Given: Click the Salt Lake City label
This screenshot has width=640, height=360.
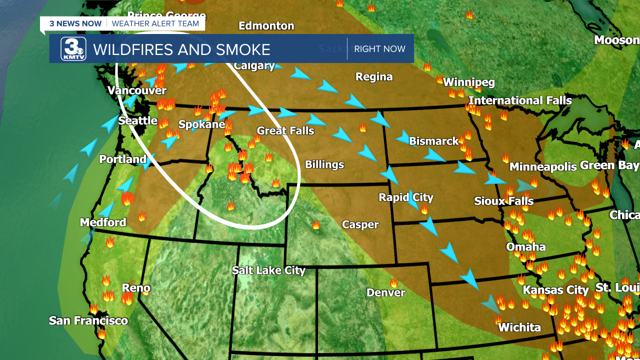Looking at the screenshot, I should pyautogui.click(x=268, y=270).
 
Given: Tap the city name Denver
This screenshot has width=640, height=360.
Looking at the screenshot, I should pyautogui.click(x=385, y=292).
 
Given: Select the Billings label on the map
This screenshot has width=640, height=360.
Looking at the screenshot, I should pyautogui.click(x=324, y=164).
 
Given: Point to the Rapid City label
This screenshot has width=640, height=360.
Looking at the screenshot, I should pyautogui.click(x=405, y=197).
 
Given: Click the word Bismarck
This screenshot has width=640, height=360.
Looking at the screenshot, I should pyautogui.click(x=433, y=141).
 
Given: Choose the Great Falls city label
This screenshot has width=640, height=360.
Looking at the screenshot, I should pyautogui.click(x=285, y=131).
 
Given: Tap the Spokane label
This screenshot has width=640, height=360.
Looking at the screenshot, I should pyautogui.click(x=201, y=124).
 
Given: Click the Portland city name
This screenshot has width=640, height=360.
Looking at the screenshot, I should pyautogui.click(x=122, y=159).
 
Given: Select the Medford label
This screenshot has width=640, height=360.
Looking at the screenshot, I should pyautogui.click(x=103, y=222).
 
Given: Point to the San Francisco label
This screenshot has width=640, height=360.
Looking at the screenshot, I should pyautogui.click(x=88, y=320).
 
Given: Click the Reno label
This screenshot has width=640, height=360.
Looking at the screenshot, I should pyautogui.click(x=136, y=288).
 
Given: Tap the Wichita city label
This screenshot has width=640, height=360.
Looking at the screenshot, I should pyautogui.click(x=519, y=327).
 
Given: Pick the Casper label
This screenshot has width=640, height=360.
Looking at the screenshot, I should pyautogui.click(x=360, y=224).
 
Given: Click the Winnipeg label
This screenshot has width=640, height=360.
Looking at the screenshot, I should pyautogui.click(x=468, y=82).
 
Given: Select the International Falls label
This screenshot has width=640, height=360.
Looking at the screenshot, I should pyautogui.click(x=520, y=100).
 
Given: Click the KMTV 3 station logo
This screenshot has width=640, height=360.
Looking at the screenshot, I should pyautogui.click(x=73, y=49).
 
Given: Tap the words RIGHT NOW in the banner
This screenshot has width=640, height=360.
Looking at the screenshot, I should pyautogui.click(x=380, y=49).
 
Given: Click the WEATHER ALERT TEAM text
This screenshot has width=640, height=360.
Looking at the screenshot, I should pyautogui.click(x=155, y=23).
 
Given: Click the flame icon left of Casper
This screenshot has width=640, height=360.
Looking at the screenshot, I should pyautogui.click(x=316, y=224).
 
